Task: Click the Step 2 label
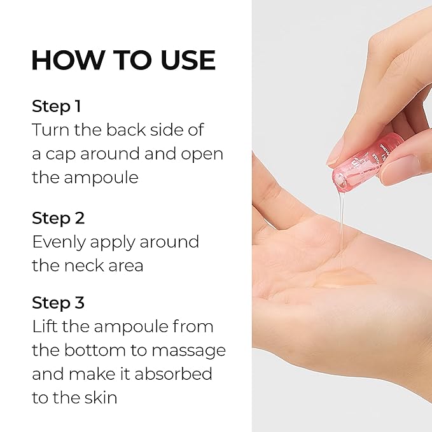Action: pos(59,218)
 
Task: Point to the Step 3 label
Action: pos(59,303)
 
